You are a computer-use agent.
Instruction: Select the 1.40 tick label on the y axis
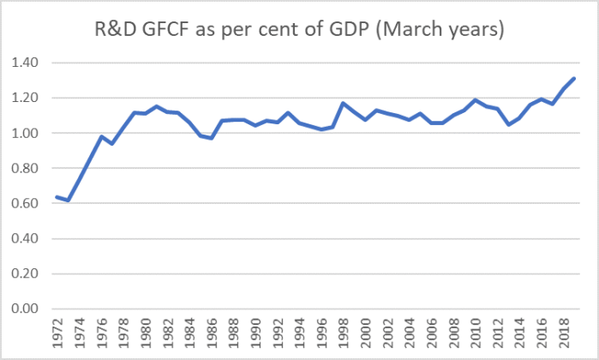27,63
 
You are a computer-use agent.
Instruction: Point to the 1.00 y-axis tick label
27,133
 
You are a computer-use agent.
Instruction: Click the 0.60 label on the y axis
27,203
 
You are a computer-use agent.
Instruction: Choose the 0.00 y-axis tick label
27,309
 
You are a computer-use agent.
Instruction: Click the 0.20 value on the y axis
27,273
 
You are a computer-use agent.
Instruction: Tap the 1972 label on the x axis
57,334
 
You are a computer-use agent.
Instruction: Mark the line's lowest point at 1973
68,201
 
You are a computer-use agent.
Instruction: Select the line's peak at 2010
475,99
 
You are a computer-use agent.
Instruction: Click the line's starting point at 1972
57,197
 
